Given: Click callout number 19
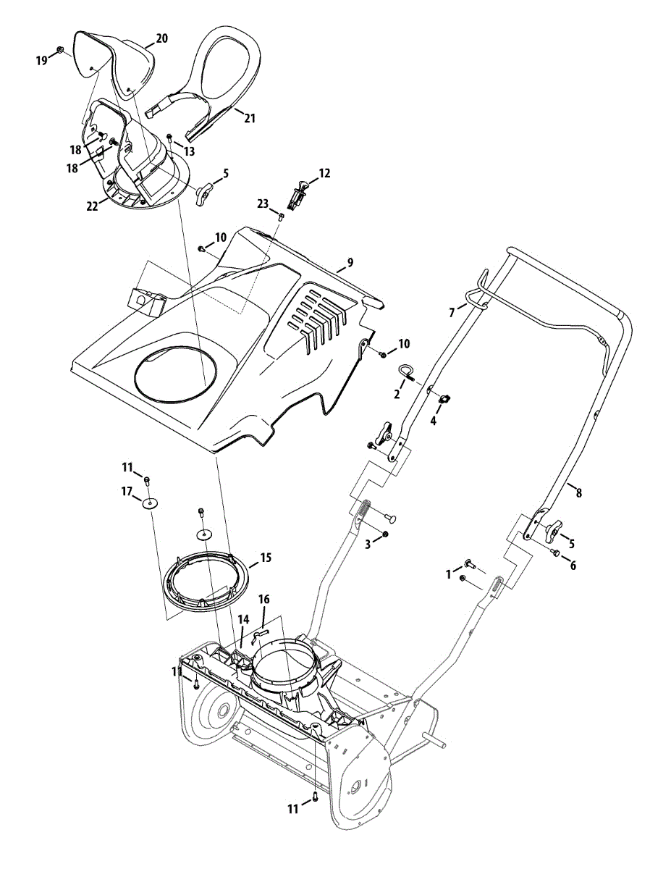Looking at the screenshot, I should (x=41, y=60).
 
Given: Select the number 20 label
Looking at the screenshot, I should (x=161, y=38).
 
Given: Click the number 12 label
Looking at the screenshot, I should (x=324, y=174).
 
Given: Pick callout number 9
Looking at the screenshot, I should (x=350, y=263).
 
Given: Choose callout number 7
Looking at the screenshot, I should (x=452, y=312).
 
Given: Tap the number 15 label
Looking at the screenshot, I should (x=266, y=558).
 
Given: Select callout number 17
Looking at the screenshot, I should (x=127, y=491).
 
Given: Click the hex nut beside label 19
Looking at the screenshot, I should (x=61, y=50).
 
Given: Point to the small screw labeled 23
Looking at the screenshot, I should (x=282, y=215).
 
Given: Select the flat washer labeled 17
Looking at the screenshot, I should (x=149, y=504).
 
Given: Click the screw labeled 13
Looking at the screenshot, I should (x=169, y=136).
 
